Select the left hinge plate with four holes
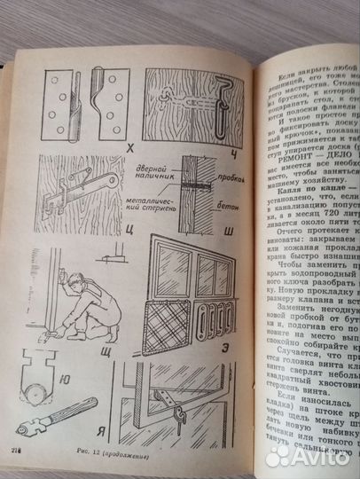pyautogui.click(x=59, y=104)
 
